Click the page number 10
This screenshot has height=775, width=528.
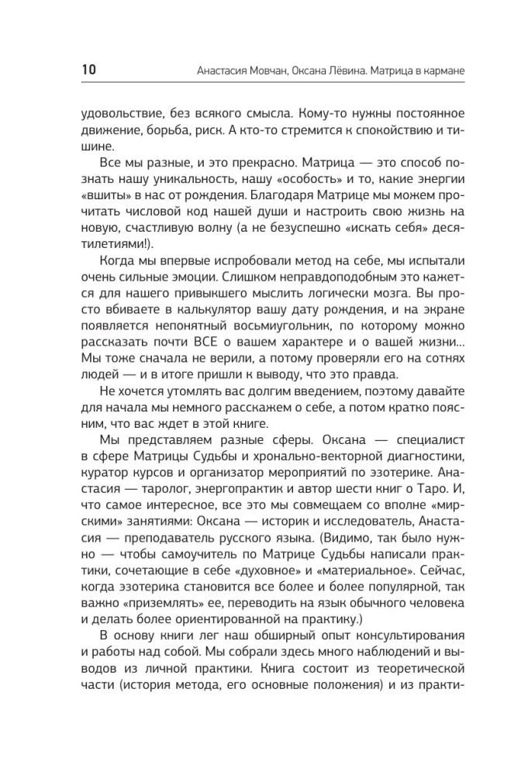click(88, 71)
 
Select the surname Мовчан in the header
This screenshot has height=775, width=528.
click(271, 71)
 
